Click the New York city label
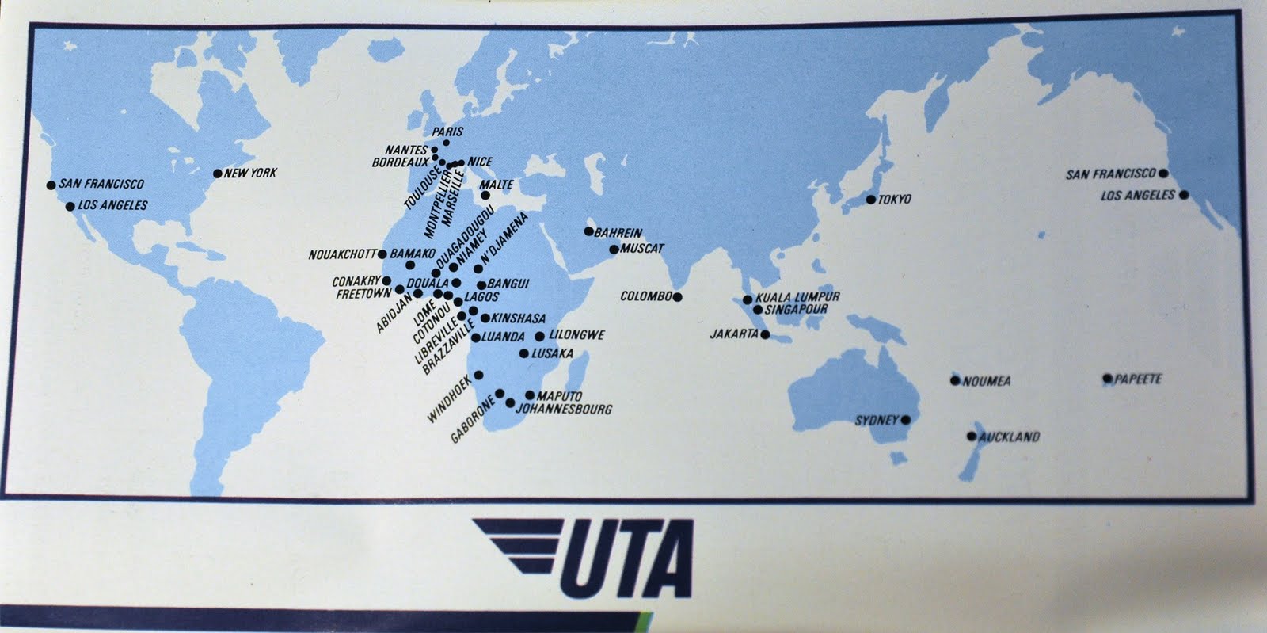click(x=251, y=173)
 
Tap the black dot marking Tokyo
click(x=870, y=200)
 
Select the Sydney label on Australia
click(x=877, y=420)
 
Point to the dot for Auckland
click(x=972, y=437)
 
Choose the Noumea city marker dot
click(x=955, y=380)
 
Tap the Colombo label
click(x=645, y=297)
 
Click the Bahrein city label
click(x=618, y=233)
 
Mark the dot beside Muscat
click(x=613, y=250)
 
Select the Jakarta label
click(x=734, y=334)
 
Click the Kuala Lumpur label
click(x=797, y=297)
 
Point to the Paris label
click(x=447, y=132)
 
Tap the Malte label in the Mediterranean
click(x=497, y=185)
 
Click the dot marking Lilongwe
click(x=540, y=336)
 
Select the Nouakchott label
click(x=343, y=255)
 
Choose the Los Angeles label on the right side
click(x=1138, y=195)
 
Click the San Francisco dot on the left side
click(x=51, y=185)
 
